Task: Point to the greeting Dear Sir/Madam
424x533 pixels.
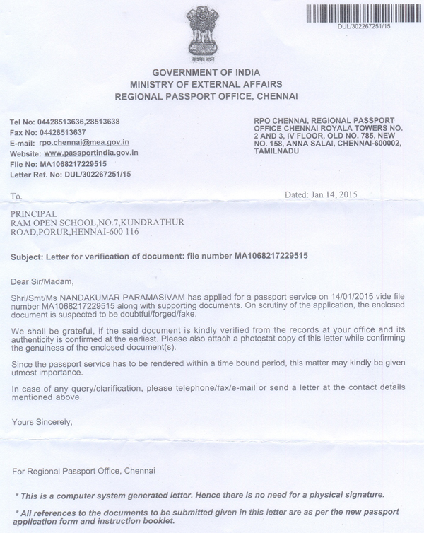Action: [x=42, y=280]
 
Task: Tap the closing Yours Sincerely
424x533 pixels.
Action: [x=42, y=422]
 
